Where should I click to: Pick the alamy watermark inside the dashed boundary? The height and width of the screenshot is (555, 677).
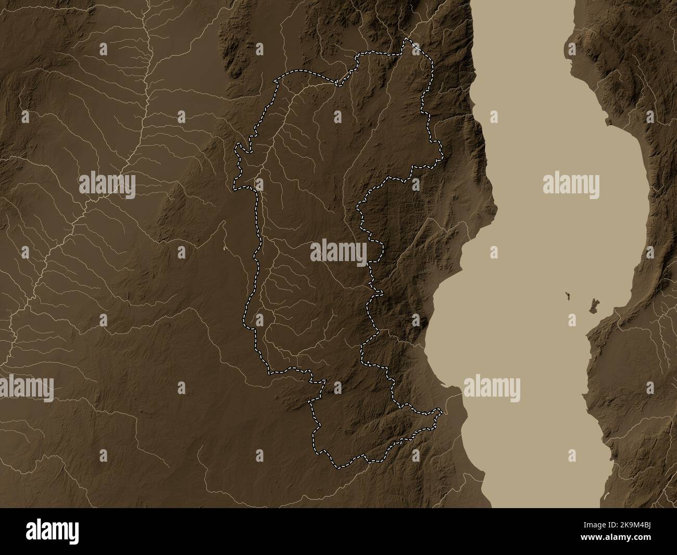click(338, 253)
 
